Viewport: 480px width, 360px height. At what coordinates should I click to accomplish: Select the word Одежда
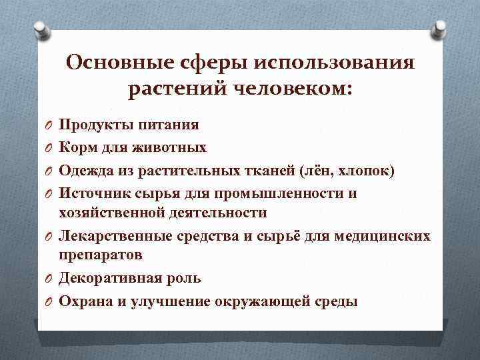[83, 170]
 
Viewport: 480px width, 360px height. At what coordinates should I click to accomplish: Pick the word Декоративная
[105, 278]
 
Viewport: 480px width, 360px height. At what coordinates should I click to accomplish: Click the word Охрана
[81, 301]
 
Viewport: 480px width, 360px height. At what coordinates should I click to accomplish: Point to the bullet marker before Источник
[49, 194]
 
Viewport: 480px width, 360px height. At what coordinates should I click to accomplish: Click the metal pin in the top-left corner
[39, 28]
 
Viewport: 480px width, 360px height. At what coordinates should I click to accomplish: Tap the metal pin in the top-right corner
[439, 28]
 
